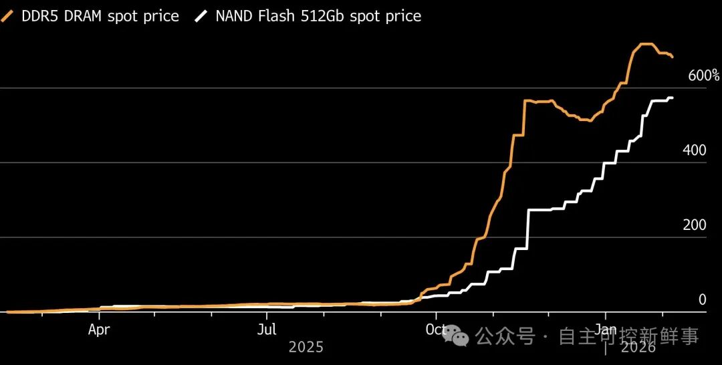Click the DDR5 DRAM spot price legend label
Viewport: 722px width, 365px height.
pos(100,16)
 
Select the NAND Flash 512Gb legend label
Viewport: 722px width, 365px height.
pos(318,16)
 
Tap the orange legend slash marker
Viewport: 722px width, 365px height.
pos(9,16)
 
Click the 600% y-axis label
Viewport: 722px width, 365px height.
pos(703,76)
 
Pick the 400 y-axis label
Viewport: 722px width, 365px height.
pos(695,151)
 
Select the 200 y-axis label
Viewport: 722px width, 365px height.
pos(695,225)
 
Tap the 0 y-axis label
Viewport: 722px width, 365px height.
pos(702,300)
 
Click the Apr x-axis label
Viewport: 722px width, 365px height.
pos(99,330)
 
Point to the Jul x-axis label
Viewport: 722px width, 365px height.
pos(267,330)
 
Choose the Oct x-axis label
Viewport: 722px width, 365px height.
pos(436,330)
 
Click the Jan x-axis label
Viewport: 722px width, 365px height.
pos(606,330)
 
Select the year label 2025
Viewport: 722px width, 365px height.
pos(306,348)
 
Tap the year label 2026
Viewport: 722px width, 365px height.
pos(638,348)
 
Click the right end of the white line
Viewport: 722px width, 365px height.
pos(672,98)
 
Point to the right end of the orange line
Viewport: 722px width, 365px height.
pos(672,57)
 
